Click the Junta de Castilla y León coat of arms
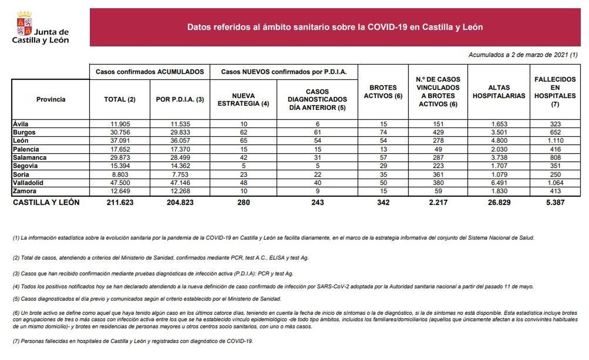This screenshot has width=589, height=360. [25, 24]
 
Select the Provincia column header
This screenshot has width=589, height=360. [51, 99]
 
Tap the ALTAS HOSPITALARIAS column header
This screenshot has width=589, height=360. [499, 92]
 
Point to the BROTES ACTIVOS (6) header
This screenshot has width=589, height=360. [383, 92]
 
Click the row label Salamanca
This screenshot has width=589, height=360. [29, 158]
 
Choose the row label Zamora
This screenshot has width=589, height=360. [24, 191]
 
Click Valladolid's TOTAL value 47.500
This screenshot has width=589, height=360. [120, 183]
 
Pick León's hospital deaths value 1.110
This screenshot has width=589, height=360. [555, 141]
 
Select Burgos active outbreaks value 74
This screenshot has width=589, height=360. [383, 133]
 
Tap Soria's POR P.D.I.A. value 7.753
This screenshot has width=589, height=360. [180, 174]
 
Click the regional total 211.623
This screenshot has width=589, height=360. [120, 202]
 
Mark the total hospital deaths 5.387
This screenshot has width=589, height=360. [555, 202]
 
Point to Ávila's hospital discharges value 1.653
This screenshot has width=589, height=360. [499, 124]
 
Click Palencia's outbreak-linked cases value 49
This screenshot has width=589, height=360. [438, 149]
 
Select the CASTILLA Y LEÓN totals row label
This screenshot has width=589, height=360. [46, 202]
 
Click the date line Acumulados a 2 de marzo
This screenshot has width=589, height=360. [523, 55]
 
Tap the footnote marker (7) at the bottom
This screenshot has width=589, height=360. [16, 341]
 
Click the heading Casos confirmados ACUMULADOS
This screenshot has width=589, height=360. [149, 72]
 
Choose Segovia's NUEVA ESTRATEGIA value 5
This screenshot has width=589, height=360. [243, 166]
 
